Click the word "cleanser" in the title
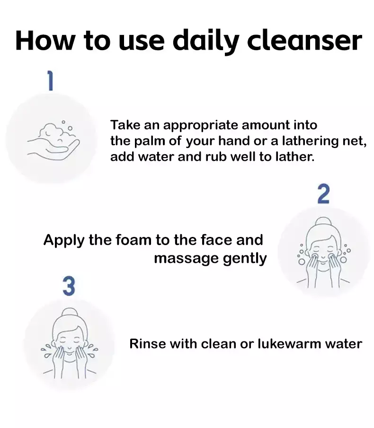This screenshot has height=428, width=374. pos(304,41)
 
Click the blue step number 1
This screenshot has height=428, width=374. pos(50,80)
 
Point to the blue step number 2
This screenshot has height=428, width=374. pos(323,194)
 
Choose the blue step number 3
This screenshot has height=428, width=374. pos(69,286)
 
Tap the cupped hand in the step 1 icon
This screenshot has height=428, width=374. pos(53,149)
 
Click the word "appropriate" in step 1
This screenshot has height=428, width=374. pos(201,126)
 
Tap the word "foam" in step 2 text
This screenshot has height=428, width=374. pos(134,240)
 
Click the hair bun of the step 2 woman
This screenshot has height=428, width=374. pos(323,221)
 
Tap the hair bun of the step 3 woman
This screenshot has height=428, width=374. pos(70,312)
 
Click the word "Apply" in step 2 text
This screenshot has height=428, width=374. pos(64,241)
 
